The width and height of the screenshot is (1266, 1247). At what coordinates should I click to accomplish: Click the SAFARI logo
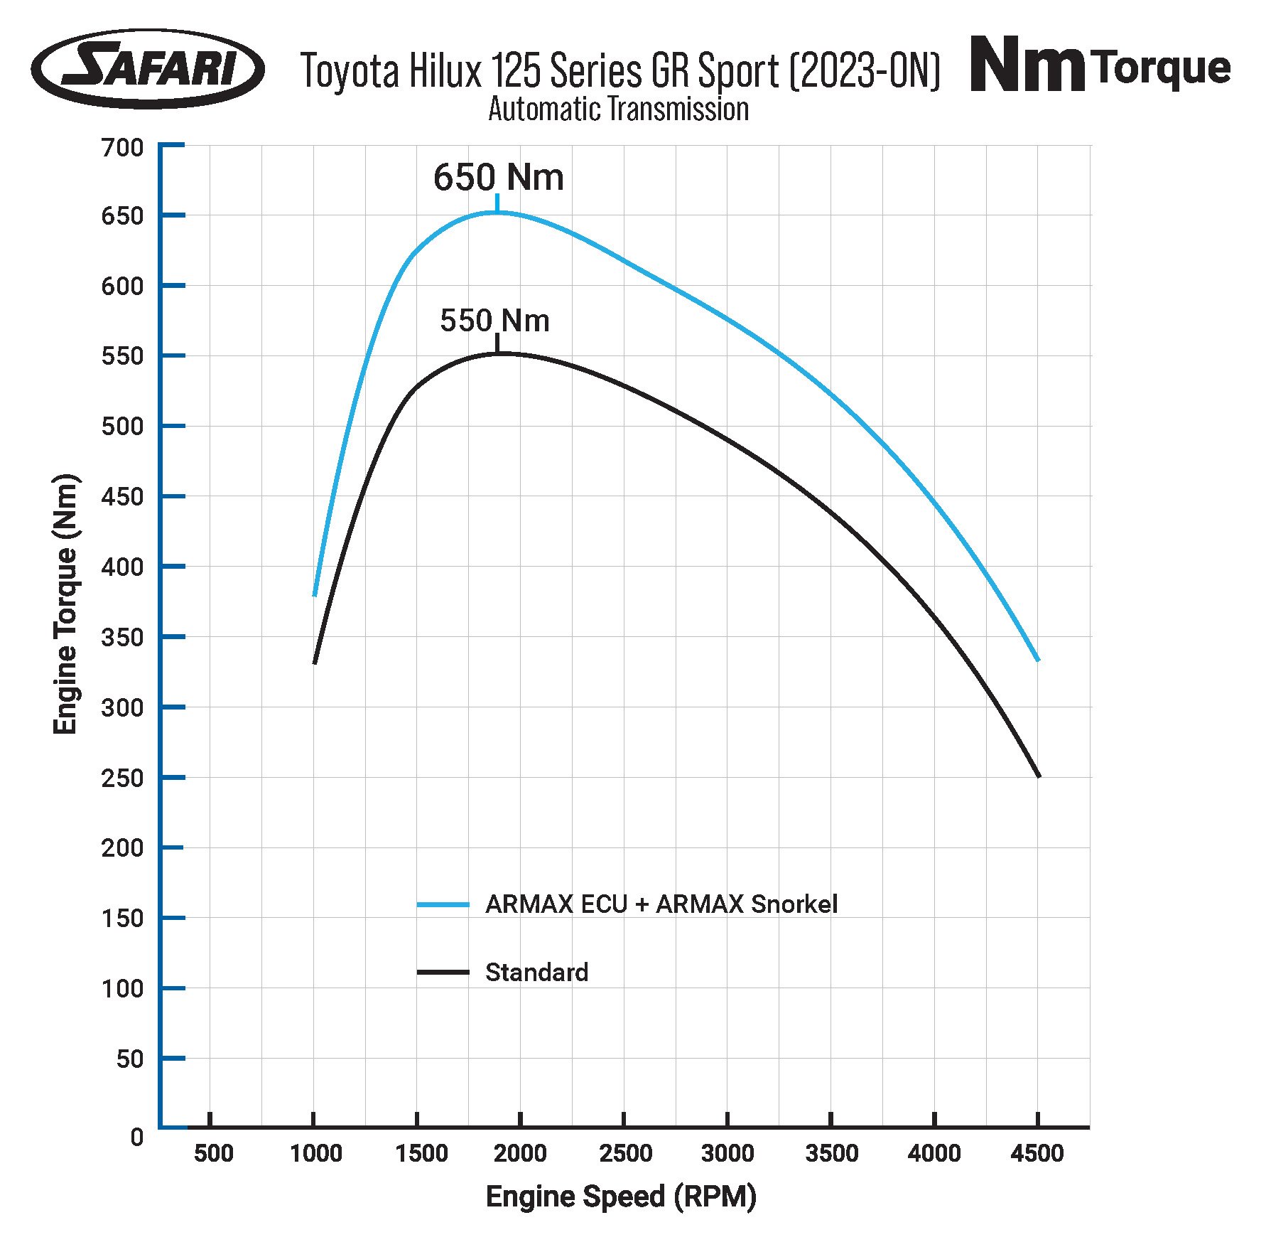pyautogui.click(x=148, y=69)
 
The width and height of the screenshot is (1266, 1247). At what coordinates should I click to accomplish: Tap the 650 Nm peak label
pyautogui.click(x=499, y=177)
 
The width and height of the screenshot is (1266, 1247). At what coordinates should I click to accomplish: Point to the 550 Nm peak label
pyautogui.click(x=494, y=321)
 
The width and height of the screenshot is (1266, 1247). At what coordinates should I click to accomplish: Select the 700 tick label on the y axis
pyautogui.click(x=122, y=148)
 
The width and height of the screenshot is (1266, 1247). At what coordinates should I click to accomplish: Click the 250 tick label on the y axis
pyautogui.click(x=122, y=778)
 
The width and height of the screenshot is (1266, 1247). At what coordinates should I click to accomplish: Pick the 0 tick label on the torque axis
pyautogui.click(x=136, y=1138)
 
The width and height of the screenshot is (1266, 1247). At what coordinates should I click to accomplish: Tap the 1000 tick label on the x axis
pyautogui.click(x=315, y=1153)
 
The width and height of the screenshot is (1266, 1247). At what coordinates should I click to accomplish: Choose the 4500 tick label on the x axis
pyautogui.click(x=1037, y=1153)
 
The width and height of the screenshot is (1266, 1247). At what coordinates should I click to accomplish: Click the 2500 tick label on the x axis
pyautogui.click(x=625, y=1153)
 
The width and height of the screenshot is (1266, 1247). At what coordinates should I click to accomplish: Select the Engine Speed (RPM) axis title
pyautogui.click(x=621, y=1197)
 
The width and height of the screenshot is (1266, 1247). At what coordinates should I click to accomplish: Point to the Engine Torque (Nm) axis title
pyautogui.click(x=65, y=604)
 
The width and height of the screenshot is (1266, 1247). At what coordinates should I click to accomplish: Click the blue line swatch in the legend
pyautogui.click(x=443, y=905)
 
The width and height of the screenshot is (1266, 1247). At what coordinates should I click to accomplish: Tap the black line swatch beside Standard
pyautogui.click(x=443, y=973)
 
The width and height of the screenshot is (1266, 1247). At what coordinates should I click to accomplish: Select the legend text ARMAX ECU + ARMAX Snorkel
pyautogui.click(x=661, y=904)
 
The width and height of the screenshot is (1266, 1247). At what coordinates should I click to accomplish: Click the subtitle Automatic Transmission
pyautogui.click(x=618, y=109)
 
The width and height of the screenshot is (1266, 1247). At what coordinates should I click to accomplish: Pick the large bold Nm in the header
pyautogui.click(x=1027, y=67)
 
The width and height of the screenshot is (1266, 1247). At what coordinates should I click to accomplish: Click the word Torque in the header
pyautogui.click(x=1162, y=68)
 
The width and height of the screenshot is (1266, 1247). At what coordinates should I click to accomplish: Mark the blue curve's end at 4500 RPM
pyautogui.click(x=1038, y=660)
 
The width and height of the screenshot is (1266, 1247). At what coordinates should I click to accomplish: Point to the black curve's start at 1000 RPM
pyautogui.click(x=315, y=663)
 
